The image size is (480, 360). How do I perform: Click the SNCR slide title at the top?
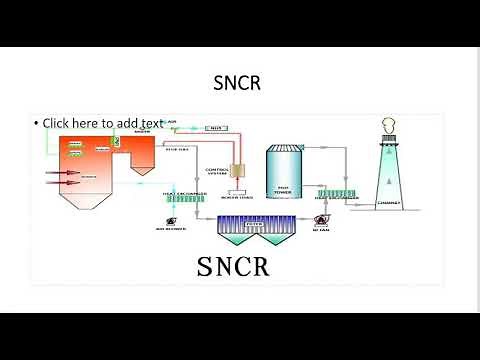(x=239, y=83)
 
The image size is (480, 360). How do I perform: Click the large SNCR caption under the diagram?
(x=233, y=267)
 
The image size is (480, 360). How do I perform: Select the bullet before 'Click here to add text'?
(x=36, y=123)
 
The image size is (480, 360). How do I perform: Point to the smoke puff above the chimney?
(x=389, y=125)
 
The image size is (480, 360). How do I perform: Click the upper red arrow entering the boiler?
(x=61, y=171)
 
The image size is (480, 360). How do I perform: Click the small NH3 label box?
(x=215, y=128)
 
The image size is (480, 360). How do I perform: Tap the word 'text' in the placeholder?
(x=150, y=123)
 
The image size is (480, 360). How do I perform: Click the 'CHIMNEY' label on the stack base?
(x=390, y=201)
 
